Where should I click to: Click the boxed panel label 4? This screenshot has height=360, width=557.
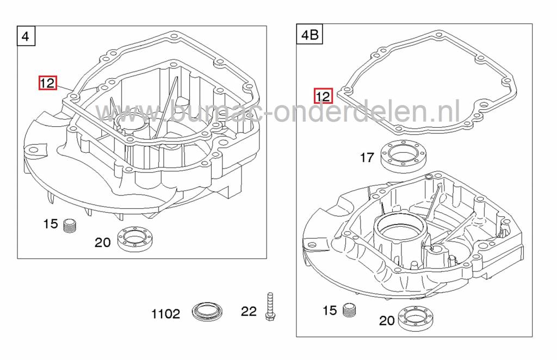[26, 36]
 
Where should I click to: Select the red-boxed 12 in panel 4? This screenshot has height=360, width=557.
[47, 83]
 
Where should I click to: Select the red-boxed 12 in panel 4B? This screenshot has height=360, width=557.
[323, 96]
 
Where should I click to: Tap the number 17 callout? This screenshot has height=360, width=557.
[367, 158]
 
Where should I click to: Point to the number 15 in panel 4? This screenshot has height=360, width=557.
[51, 224]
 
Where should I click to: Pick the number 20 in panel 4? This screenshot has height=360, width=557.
[103, 243]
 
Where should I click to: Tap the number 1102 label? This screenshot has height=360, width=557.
[165, 314]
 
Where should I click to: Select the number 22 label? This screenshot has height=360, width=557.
[249, 312]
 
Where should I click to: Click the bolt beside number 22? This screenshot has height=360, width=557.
[268, 307]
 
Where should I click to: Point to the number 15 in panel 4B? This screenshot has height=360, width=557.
[330, 311]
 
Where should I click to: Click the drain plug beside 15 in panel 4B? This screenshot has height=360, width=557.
[349, 311]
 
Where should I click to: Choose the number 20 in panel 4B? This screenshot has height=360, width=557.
[387, 321]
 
